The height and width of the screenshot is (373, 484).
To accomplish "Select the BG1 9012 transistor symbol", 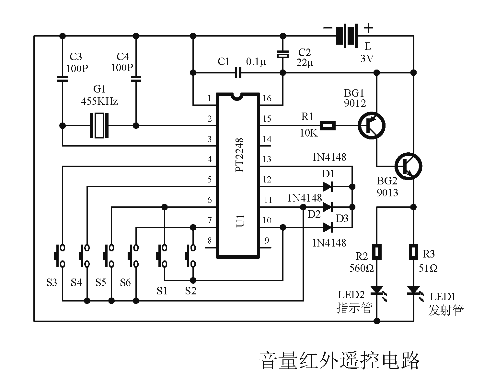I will (372, 126).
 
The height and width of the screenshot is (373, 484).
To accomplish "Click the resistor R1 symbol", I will (328, 126).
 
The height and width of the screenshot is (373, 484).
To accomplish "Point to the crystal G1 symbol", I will (99, 126).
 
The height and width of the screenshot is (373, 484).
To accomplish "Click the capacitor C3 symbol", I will (63, 78).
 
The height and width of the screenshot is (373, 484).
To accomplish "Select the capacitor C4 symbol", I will (136, 78).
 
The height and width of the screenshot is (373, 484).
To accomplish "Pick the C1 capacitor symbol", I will (238, 73).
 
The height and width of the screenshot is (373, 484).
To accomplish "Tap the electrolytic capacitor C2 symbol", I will (283, 54).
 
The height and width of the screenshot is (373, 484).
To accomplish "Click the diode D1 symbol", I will (328, 187).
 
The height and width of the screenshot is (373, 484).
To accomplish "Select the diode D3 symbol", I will (328, 228).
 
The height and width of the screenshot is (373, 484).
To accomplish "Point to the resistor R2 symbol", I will (376, 252).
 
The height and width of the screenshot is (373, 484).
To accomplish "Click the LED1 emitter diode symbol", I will (413, 291).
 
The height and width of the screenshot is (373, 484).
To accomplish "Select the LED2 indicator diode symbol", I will (376, 291).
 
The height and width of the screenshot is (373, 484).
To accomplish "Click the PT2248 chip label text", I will (240, 155).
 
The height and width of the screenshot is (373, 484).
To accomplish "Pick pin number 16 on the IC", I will (267, 98).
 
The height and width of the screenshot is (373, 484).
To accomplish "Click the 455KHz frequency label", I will (99, 102).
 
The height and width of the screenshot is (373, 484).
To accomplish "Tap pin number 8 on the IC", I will (210, 241).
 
